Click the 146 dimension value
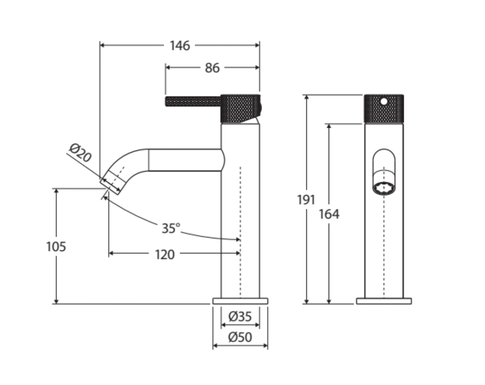[180, 46]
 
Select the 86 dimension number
[212, 68]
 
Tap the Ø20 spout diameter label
[80, 153]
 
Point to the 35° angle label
[171, 228]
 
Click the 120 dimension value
[165, 254]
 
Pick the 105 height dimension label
[56, 247]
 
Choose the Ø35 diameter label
[240, 316]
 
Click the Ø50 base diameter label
[240, 337]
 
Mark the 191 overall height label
[306, 200]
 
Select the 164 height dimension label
[329, 214]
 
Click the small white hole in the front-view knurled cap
[384, 101]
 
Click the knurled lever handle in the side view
[193, 101]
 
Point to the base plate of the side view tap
[240, 301]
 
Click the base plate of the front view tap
[384, 301]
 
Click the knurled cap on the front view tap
[384, 109]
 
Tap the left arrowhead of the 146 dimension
[102, 45]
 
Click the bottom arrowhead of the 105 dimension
[56, 301]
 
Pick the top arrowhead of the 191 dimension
[306, 97]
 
